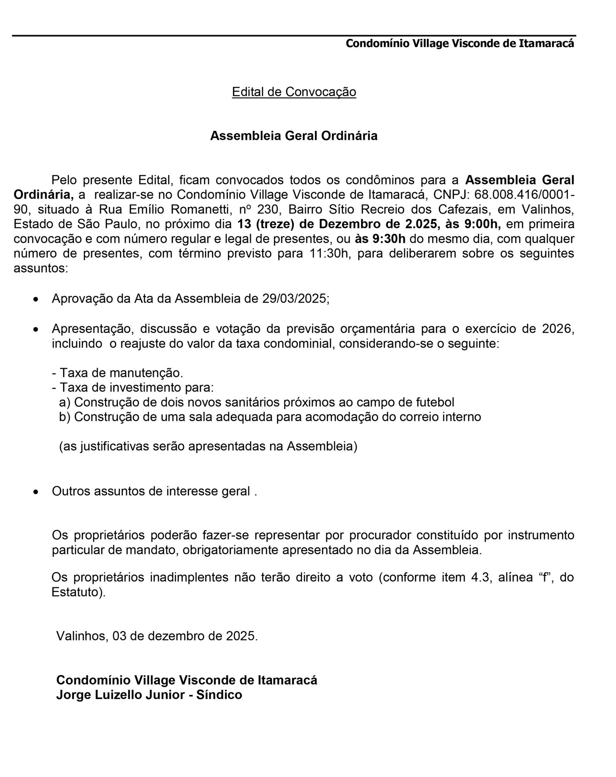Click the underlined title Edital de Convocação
tap(294, 92)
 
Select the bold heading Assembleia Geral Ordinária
tap(294, 136)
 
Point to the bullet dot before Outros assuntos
tap(36, 492)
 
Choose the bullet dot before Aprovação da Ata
tap(36, 299)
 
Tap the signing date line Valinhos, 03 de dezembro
tap(157, 636)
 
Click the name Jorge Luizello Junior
tap(123, 695)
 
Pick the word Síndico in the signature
tap(219, 695)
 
